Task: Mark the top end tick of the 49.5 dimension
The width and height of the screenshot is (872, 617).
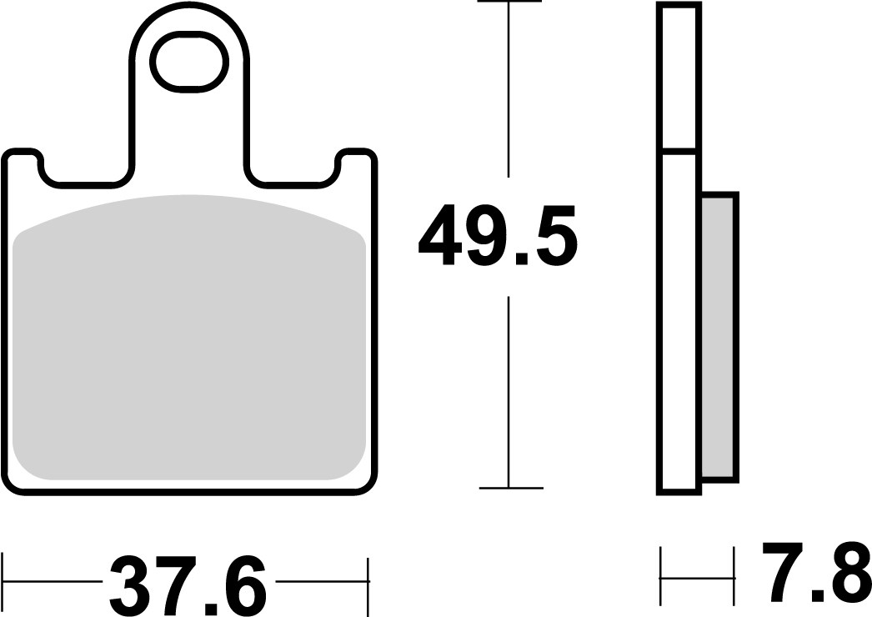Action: coord(507,3)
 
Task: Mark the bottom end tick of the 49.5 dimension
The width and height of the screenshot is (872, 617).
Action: coord(510,488)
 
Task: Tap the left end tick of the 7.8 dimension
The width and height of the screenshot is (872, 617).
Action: coord(660,576)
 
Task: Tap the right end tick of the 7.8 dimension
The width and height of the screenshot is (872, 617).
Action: coord(734,576)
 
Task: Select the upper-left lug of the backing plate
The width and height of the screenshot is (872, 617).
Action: coord(23,163)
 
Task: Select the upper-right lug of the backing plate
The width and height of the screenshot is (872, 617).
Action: coord(357,163)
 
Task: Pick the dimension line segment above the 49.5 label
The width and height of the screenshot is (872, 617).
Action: coord(507,92)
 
